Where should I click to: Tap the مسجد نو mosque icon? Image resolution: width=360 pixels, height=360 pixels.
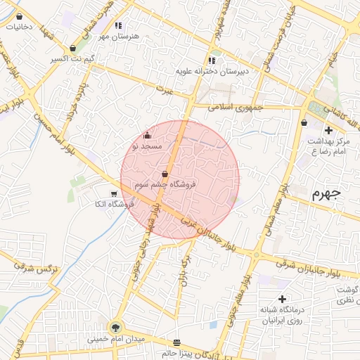[x=146, y=136]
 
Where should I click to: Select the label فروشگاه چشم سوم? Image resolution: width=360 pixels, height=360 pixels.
[x=166, y=184]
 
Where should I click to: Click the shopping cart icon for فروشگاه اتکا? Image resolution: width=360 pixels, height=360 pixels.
[x=114, y=193]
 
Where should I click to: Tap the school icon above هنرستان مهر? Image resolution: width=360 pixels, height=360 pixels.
[x=118, y=25]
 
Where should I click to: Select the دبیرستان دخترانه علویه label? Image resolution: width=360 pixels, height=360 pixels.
[x=212, y=71]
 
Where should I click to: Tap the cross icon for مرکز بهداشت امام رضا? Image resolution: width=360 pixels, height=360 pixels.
[x=328, y=130]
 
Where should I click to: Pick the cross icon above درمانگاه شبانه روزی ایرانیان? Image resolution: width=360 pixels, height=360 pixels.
[x=282, y=299]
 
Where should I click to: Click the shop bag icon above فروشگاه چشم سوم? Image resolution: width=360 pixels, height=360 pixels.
[x=165, y=174]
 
